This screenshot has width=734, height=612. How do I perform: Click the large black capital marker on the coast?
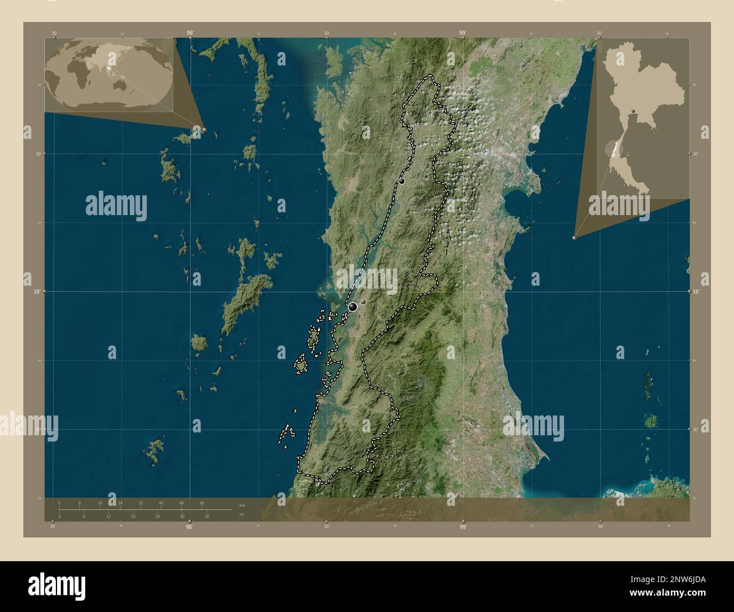pos(353,307)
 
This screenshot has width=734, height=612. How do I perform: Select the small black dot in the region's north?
pos(402,181)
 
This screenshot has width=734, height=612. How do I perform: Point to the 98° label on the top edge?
pos(190,33)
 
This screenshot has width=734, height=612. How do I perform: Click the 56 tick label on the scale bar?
pos(202,502)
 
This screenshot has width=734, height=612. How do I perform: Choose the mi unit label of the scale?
pos(242,514)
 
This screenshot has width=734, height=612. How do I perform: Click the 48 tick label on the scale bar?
pos(181,502)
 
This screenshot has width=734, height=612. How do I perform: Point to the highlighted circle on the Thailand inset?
pos(610,149)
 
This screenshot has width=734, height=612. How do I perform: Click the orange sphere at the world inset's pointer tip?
pos(204,129)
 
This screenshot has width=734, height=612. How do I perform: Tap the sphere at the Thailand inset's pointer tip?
pos(575,238)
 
